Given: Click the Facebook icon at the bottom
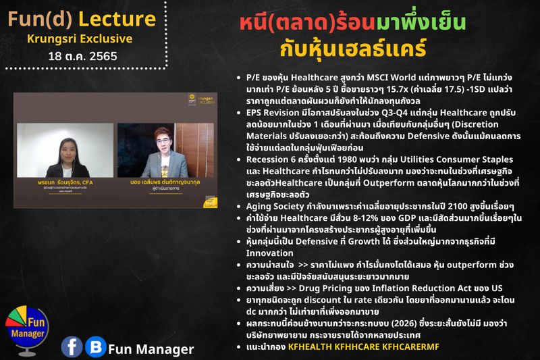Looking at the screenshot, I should (x=72, y=346).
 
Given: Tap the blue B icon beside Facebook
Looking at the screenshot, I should (x=96, y=346).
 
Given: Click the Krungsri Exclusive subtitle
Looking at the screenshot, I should (x=80, y=38).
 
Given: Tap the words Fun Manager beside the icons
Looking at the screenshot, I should (x=151, y=349).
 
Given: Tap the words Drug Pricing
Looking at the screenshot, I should (x=317, y=288).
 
